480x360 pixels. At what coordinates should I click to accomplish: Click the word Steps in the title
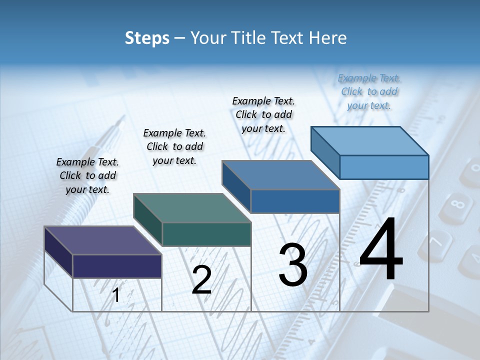[x=147, y=38]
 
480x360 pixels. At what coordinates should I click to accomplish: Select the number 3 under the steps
[x=293, y=264]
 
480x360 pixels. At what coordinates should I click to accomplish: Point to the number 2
[x=201, y=280]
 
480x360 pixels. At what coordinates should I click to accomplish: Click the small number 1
[x=116, y=295]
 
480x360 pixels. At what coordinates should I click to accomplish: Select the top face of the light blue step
[x=370, y=140]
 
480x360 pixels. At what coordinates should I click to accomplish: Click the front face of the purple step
[x=117, y=266]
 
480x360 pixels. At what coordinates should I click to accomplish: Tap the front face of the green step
[x=206, y=234]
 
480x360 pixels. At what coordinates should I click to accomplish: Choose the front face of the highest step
[x=384, y=167]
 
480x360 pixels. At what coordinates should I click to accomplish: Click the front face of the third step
[x=295, y=201]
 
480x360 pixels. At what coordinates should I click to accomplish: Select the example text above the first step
[x=87, y=175]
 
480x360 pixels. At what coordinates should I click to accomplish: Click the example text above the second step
[x=174, y=146]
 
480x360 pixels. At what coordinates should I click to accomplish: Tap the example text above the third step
[x=263, y=114]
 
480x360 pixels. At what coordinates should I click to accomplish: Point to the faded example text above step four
[x=369, y=91]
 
